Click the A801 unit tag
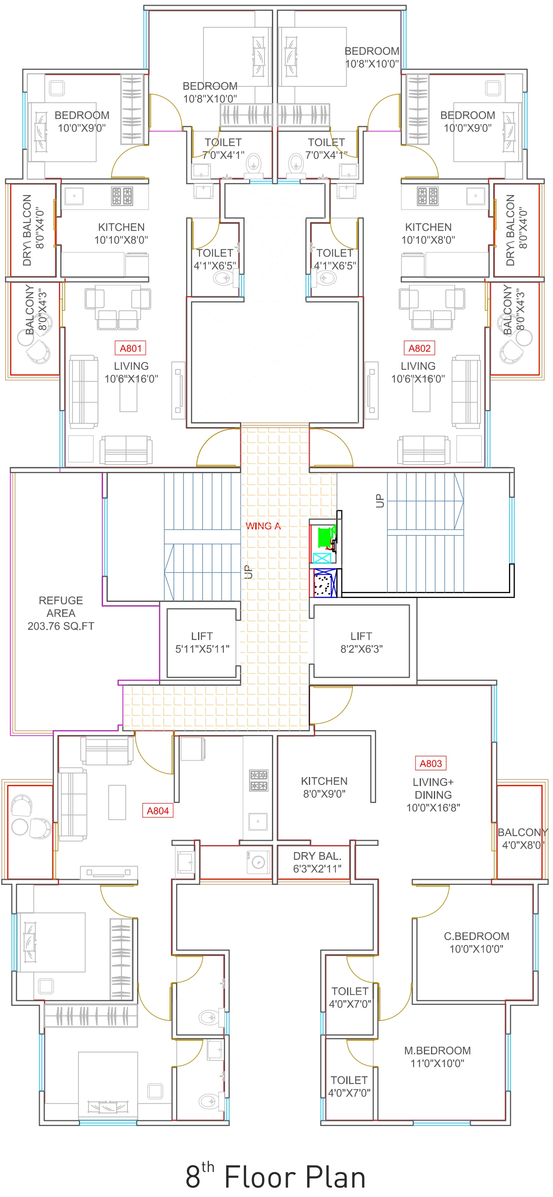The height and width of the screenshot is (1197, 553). click(x=131, y=348)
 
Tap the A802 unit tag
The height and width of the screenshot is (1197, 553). click(x=420, y=348)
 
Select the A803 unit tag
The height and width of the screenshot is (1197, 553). click(x=431, y=763)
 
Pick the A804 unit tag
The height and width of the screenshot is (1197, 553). click(x=157, y=811)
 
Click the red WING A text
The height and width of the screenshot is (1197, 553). click(x=263, y=526)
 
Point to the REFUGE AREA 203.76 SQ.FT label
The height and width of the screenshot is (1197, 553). click(x=61, y=613)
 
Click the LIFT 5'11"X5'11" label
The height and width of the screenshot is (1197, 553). click(x=202, y=642)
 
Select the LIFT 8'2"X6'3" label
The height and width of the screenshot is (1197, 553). click(x=362, y=642)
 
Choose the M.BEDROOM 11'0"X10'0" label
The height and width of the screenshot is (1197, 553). click(x=437, y=1057)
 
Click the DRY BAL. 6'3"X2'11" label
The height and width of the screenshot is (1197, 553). click(x=318, y=862)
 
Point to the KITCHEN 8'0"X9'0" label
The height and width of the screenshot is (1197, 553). click(x=324, y=787)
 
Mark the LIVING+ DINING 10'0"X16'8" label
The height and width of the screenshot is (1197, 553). click(x=433, y=794)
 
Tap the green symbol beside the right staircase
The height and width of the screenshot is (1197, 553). click(x=326, y=536)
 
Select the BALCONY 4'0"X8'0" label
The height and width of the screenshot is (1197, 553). click(x=523, y=838)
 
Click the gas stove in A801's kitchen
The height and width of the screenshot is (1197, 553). click(x=122, y=196)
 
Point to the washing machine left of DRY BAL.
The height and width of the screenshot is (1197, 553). click(x=258, y=862)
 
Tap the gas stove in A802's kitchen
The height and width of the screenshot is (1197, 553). click(x=428, y=196)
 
